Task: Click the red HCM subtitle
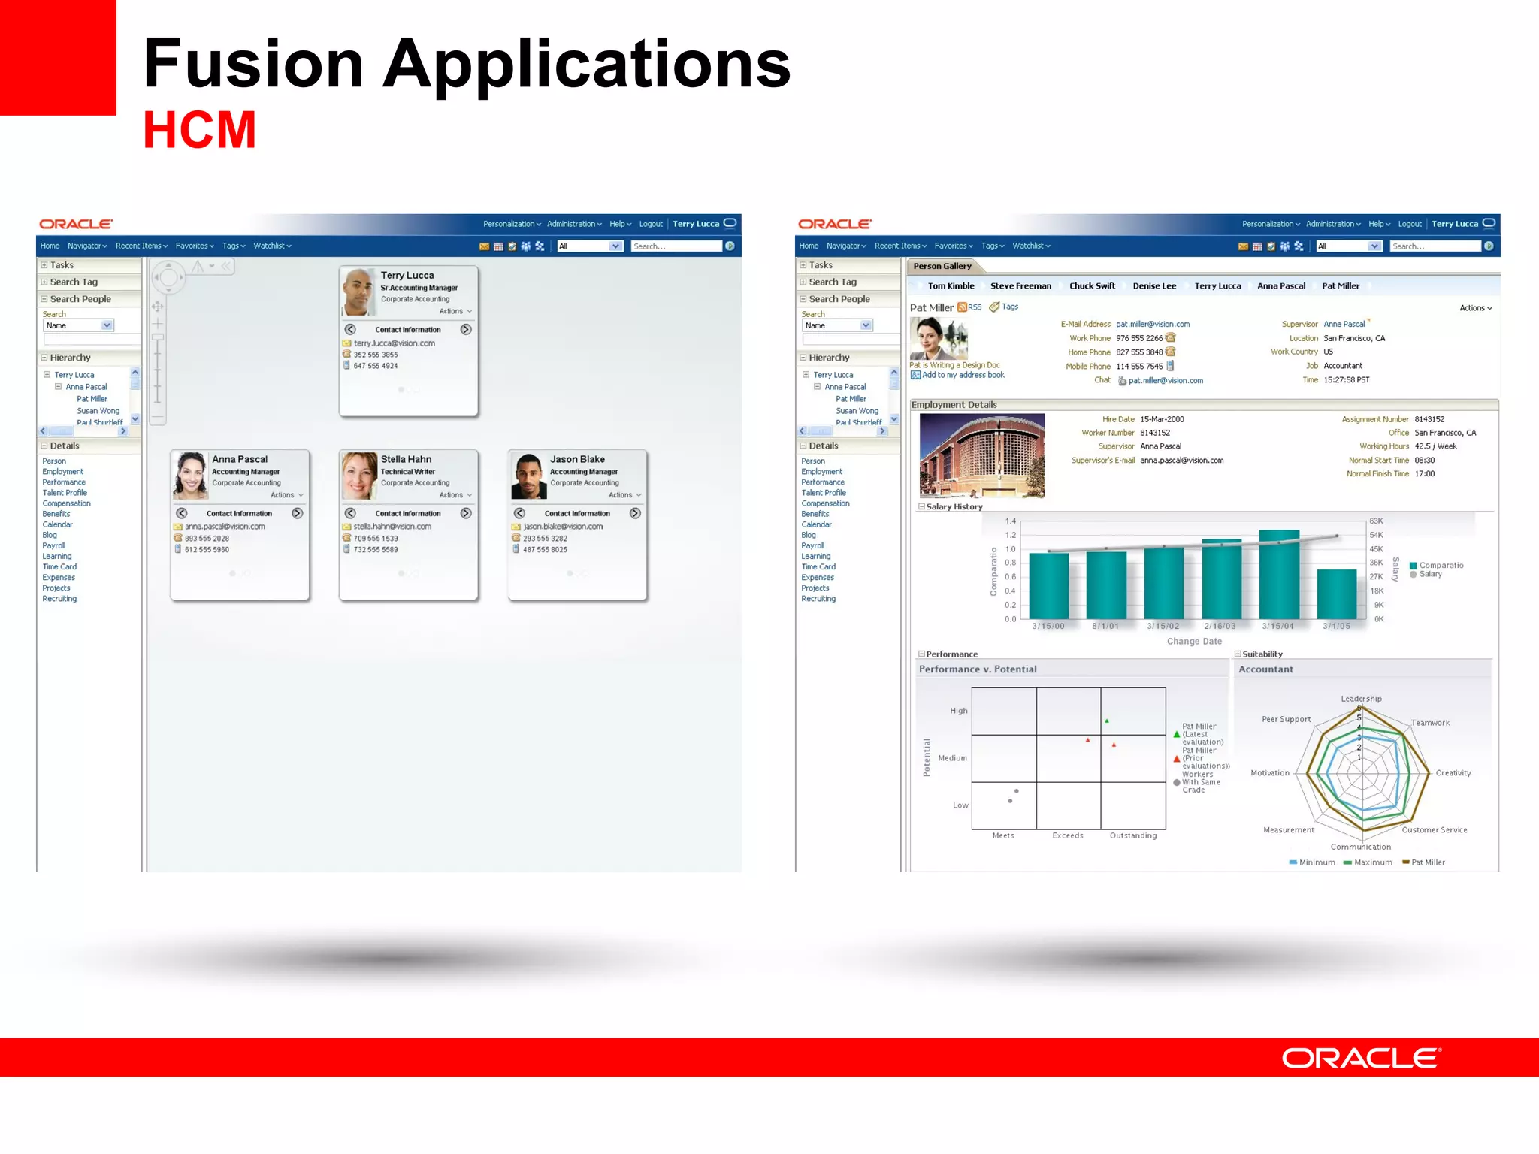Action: [200, 130]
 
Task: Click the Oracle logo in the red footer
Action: [1361, 1058]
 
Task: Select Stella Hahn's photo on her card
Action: [359, 476]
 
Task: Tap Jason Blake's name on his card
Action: [577, 459]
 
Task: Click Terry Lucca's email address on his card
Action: [395, 343]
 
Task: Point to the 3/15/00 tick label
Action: [1048, 626]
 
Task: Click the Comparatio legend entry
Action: [1441, 565]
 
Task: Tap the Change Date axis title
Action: [1194, 641]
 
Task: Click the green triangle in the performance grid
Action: [1107, 721]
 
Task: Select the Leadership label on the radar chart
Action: [1361, 699]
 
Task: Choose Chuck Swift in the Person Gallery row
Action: [1092, 285]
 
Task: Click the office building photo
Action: [982, 455]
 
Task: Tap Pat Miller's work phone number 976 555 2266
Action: [1139, 338]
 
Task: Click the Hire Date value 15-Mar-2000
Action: [1162, 419]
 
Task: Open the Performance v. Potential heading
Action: [978, 669]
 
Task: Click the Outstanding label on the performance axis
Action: [1133, 835]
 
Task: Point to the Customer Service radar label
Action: [1434, 830]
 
